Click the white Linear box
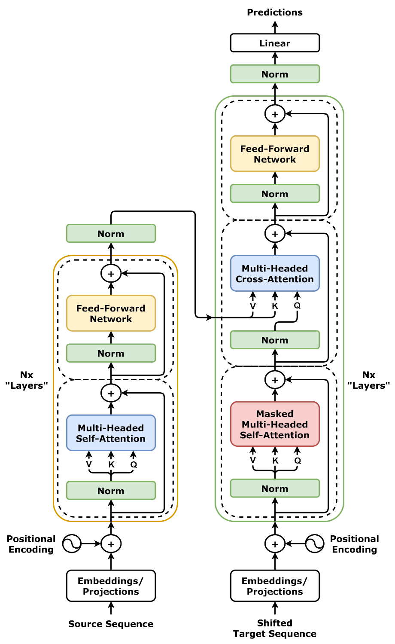pyautogui.click(x=275, y=43)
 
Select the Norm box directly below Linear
pyautogui.click(x=275, y=74)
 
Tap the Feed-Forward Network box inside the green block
pyautogui.click(x=275, y=154)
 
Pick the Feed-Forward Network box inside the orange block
pyautogui.click(x=111, y=313)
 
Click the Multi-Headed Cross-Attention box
pyautogui.click(x=275, y=274)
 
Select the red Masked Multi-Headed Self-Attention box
pyautogui.click(x=275, y=424)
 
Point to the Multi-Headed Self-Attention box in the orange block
pyautogui.click(x=111, y=433)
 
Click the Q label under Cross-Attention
pyautogui.click(x=297, y=306)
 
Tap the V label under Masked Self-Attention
pyautogui.click(x=253, y=461)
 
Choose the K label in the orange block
pyautogui.click(x=111, y=464)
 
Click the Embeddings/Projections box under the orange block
pyautogui.click(x=111, y=586)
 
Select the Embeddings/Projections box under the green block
pyautogui.click(x=275, y=586)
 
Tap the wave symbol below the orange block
pyautogui.click(x=72, y=544)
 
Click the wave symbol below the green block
pyautogui.click(x=314, y=544)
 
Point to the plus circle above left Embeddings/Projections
pyautogui.click(x=111, y=544)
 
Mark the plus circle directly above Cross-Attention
pyautogui.click(x=275, y=234)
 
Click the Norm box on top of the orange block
pyautogui.click(x=111, y=234)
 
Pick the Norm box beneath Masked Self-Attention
pyautogui.click(x=275, y=488)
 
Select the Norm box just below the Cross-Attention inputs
pyautogui.click(x=275, y=340)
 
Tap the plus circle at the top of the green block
pyautogui.click(x=275, y=114)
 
